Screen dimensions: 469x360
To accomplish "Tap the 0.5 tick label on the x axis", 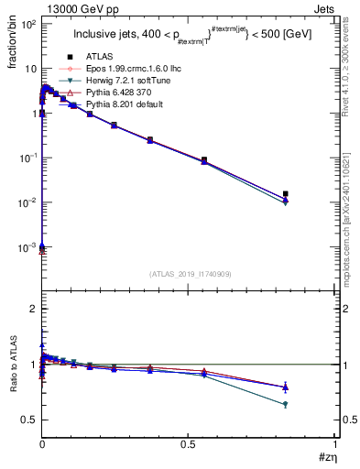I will (x=189, y=443).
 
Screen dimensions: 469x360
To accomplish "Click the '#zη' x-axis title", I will (x=327, y=456).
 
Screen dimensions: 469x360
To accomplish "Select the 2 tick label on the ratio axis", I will (x=32, y=309).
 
